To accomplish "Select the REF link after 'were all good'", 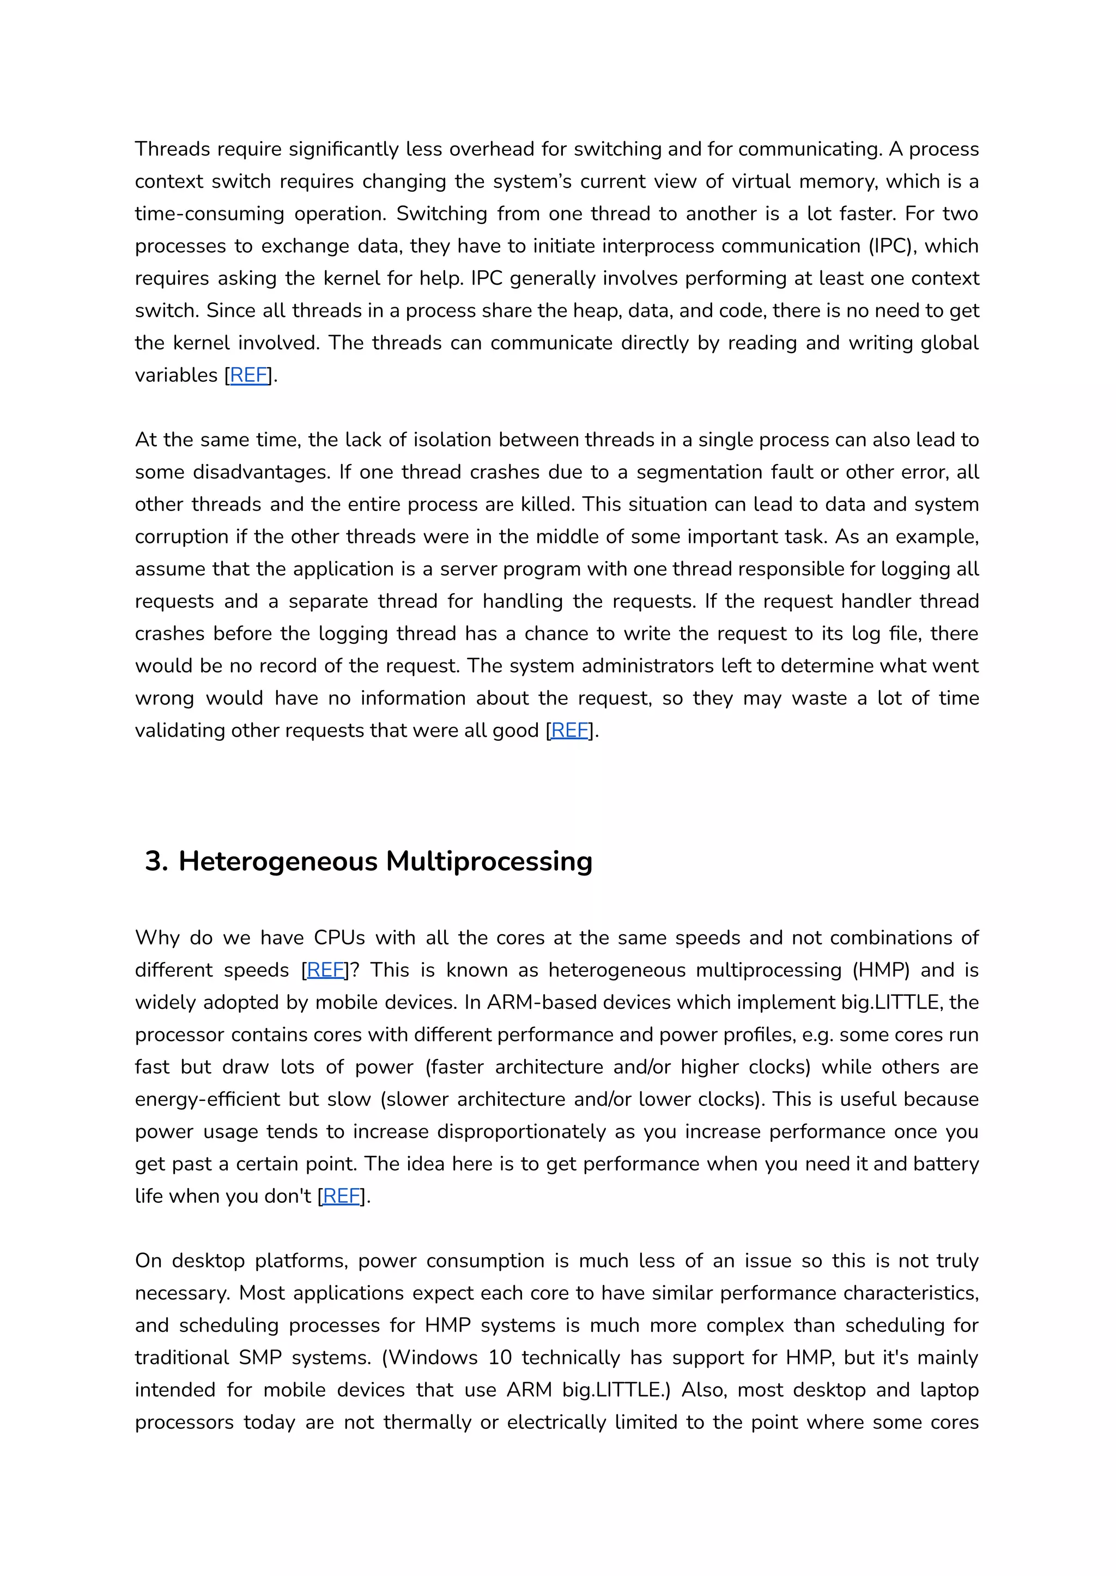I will (x=569, y=731).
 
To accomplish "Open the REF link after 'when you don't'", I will (x=342, y=1196).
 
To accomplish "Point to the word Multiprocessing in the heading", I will (x=489, y=861).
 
